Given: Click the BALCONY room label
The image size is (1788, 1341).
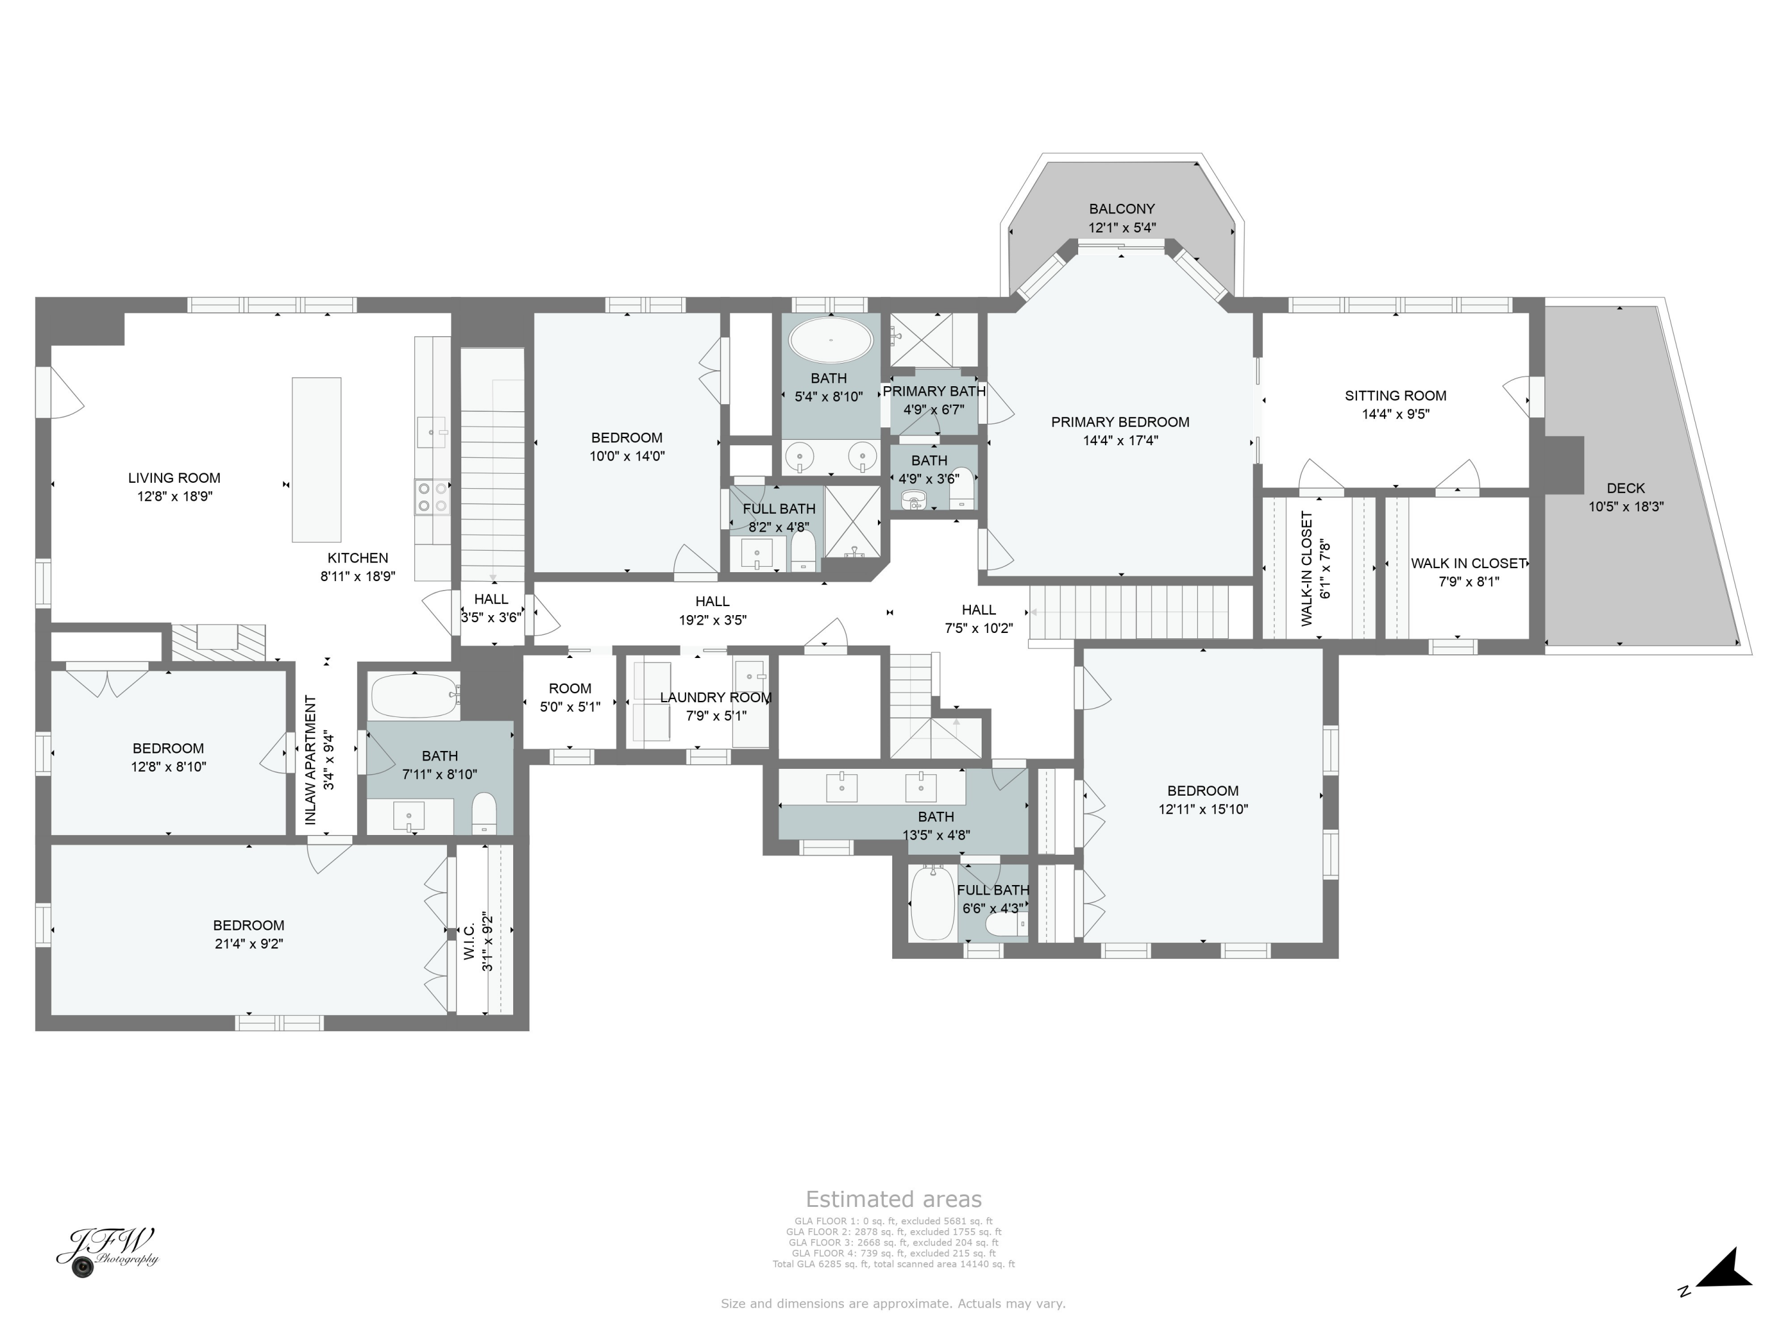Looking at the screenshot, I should pyautogui.click(x=1121, y=209).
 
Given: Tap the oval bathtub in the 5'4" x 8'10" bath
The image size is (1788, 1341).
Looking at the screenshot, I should pyautogui.click(x=830, y=340).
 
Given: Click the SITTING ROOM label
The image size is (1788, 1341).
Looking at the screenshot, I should pyautogui.click(x=1395, y=395).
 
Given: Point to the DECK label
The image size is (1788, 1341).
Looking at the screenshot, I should pyautogui.click(x=1625, y=488).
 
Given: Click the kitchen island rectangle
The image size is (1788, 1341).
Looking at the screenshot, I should pyautogui.click(x=316, y=459).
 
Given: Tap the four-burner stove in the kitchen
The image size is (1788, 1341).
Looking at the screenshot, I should pyautogui.click(x=432, y=496).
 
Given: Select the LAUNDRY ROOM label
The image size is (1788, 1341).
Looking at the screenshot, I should pyautogui.click(x=715, y=697).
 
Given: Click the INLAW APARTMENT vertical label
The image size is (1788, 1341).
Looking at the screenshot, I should pyautogui.click(x=311, y=760).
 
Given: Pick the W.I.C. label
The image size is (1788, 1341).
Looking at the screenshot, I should pyautogui.click(x=469, y=942).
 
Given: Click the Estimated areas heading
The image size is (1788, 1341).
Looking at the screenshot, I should pyautogui.click(x=893, y=1199).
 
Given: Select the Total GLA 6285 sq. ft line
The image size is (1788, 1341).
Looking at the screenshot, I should pyautogui.click(x=893, y=1264).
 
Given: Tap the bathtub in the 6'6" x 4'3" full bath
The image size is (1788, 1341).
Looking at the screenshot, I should pyautogui.click(x=932, y=903).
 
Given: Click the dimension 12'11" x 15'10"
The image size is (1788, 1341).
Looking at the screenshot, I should pyautogui.click(x=1202, y=809).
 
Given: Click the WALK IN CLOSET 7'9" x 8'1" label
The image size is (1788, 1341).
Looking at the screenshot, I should pyautogui.click(x=1468, y=563).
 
